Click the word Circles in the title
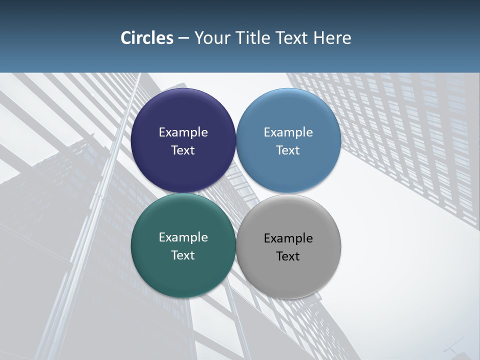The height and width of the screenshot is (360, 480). click(146, 38)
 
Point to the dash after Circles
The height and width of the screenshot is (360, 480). click(183, 38)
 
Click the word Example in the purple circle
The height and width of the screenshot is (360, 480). click(183, 132)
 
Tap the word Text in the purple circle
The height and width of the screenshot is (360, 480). click(183, 150)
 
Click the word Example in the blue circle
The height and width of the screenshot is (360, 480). click(288, 132)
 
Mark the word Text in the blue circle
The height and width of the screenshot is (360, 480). click(288, 150)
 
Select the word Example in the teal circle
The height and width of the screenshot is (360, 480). click(183, 237)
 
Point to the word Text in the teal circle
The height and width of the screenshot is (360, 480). click(183, 255)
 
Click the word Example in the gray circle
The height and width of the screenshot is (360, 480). click(288, 238)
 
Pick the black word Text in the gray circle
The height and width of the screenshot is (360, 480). click(288, 256)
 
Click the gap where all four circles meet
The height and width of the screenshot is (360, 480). click(236, 193)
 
